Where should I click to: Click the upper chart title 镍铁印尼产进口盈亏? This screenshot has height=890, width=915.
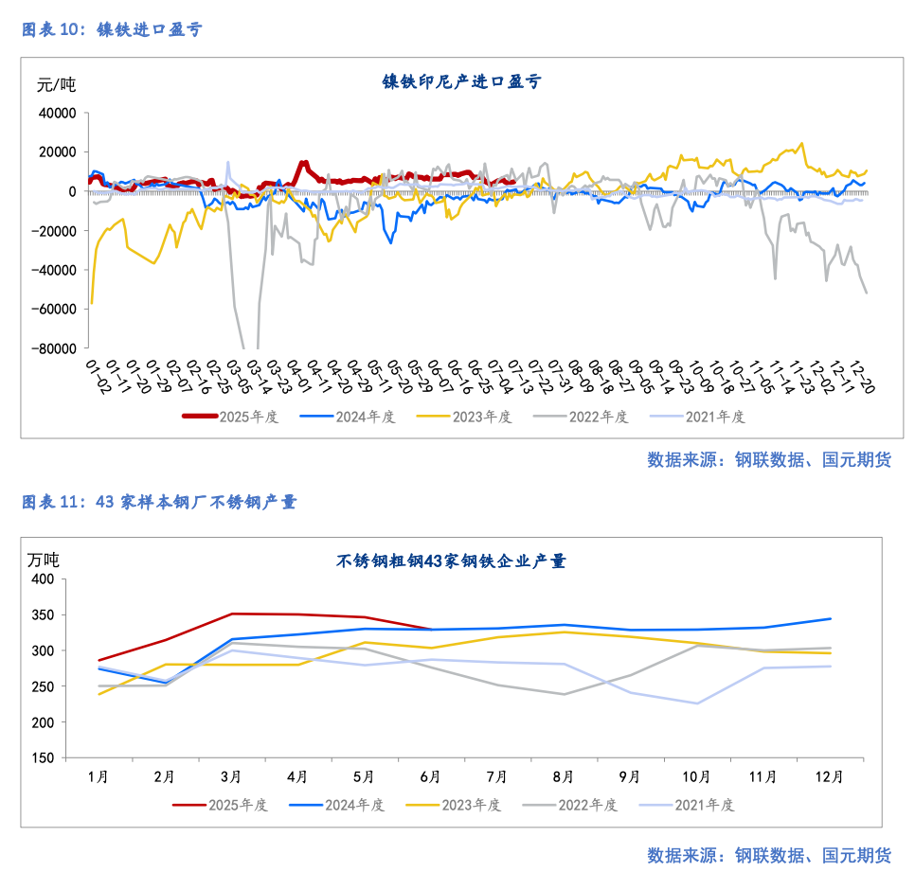tap(460, 82)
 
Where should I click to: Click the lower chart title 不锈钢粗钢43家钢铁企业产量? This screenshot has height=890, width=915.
tap(451, 561)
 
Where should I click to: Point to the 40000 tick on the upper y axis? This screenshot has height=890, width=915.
tap(57, 113)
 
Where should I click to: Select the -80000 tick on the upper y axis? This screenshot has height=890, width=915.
tap(54, 348)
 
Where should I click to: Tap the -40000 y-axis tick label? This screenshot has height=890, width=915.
tap(54, 270)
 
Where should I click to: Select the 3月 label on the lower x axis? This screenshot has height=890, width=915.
tap(231, 777)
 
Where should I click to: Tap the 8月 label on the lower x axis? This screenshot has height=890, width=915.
tap(563, 777)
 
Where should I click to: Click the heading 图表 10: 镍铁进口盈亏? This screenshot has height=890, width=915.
tap(112, 29)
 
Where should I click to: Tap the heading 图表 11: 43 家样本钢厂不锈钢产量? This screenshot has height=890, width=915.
tap(159, 502)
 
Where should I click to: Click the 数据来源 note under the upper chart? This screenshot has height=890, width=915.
tap(768, 460)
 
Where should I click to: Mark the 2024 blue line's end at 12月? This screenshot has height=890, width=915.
tap(831, 619)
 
